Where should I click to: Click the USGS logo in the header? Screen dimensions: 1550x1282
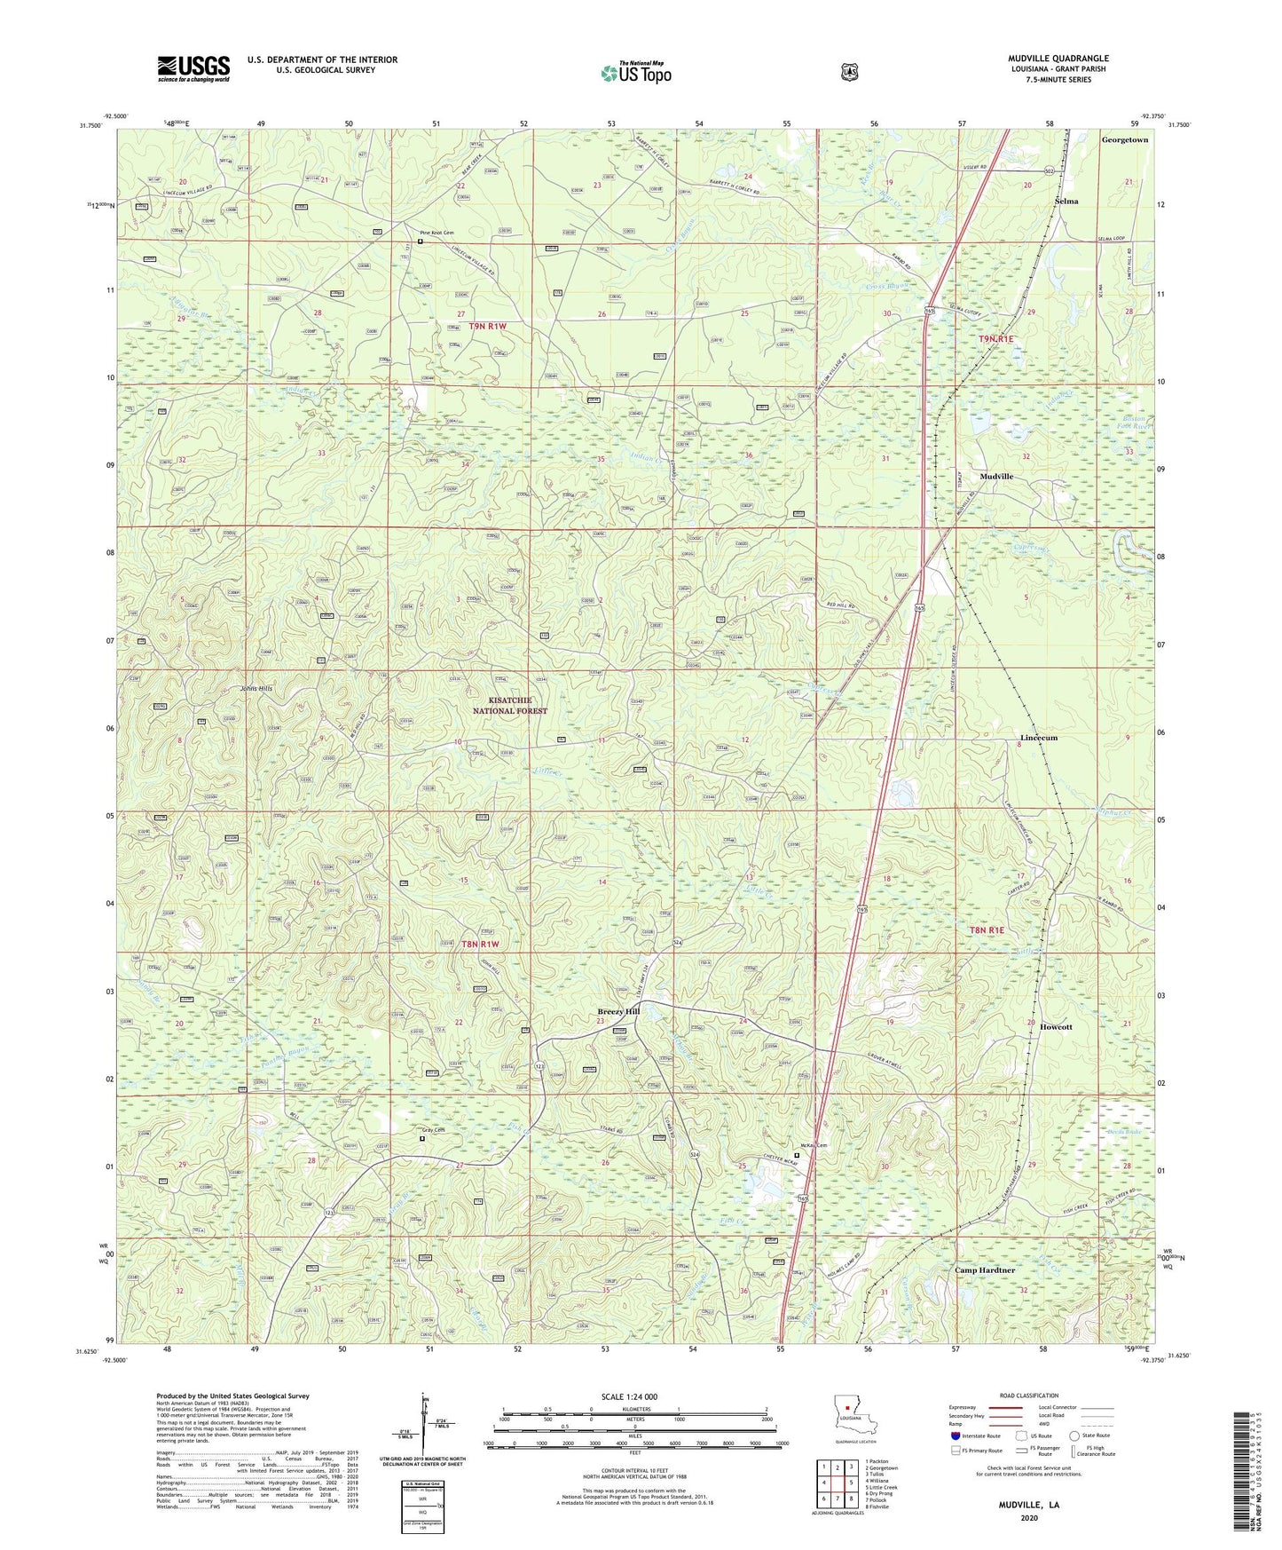pyautogui.click(x=193, y=67)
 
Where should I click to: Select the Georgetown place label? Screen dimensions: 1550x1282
pyautogui.click(x=1124, y=140)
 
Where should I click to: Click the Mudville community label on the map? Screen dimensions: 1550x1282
pyautogui.click(x=996, y=477)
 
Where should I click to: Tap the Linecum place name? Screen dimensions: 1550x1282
pyautogui.click(x=1038, y=738)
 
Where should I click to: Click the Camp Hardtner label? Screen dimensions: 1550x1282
pyautogui.click(x=984, y=1270)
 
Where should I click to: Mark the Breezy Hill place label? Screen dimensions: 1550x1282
pyautogui.click(x=618, y=1011)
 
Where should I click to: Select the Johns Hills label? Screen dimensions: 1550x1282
pyautogui.click(x=257, y=689)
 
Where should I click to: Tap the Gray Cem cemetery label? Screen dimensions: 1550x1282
pyautogui.click(x=432, y=1130)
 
